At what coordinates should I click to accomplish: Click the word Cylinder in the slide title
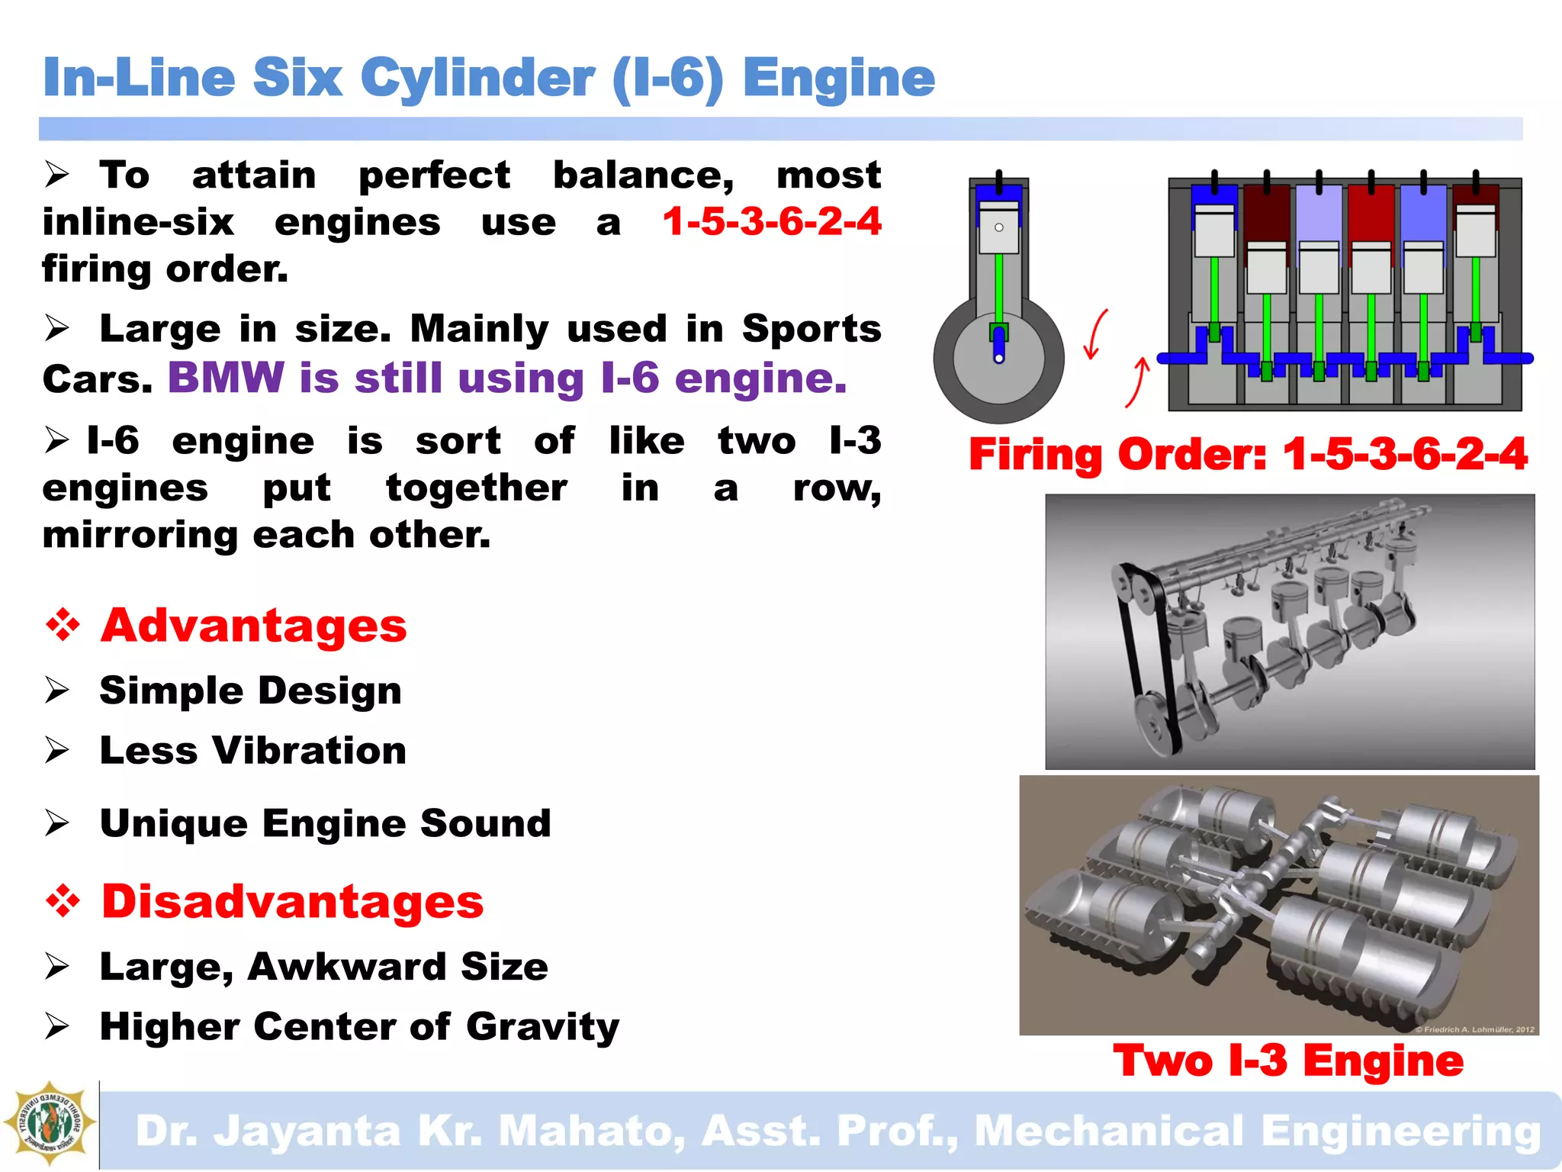click(x=477, y=79)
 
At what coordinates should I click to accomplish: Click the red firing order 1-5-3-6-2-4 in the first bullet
click(x=772, y=222)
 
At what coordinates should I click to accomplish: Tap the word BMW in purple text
click(x=226, y=378)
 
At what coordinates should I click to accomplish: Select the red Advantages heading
click(x=254, y=626)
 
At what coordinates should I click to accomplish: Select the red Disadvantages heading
click(x=293, y=901)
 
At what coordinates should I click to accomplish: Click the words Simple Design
click(x=250, y=691)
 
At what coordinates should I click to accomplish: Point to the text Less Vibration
click(x=253, y=751)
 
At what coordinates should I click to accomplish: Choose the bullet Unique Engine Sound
click(x=325, y=823)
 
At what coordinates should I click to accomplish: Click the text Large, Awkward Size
click(x=324, y=967)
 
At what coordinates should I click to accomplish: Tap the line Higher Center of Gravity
click(x=359, y=1027)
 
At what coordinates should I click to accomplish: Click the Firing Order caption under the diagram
click(x=1248, y=455)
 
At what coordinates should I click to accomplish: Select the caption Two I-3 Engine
click(x=1288, y=1061)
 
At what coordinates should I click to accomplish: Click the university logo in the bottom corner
click(x=50, y=1123)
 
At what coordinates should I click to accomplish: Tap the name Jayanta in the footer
click(x=307, y=1131)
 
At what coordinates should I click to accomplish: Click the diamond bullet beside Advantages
click(x=63, y=626)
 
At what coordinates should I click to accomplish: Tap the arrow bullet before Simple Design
click(x=56, y=691)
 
